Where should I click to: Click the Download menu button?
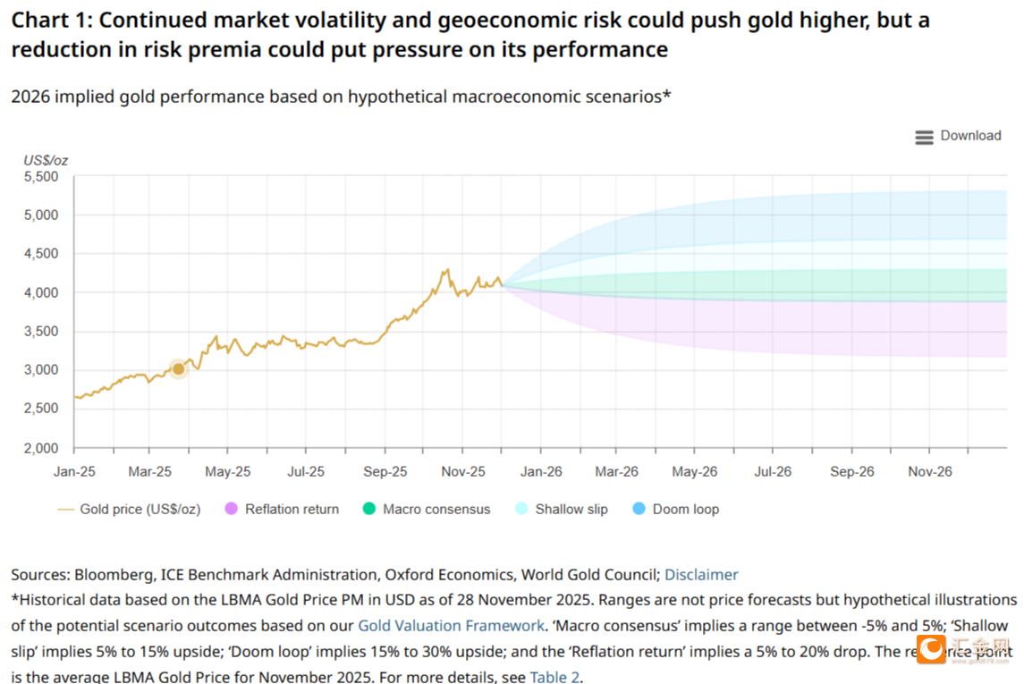pyautogui.click(x=958, y=136)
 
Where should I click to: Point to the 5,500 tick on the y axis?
pyautogui.click(x=41, y=177)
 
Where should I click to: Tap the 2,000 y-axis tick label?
pyautogui.click(x=41, y=448)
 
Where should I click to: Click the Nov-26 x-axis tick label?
pyautogui.click(x=930, y=471)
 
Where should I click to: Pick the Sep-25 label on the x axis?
pyautogui.click(x=385, y=471)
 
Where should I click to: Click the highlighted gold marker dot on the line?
pyautogui.click(x=178, y=368)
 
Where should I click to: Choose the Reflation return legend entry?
pyautogui.click(x=283, y=509)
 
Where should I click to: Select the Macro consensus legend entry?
pyautogui.click(x=427, y=509)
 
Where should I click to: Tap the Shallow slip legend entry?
pyautogui.click(x=562, y=509)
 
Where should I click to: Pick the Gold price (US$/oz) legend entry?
pyautogui.click(x=130, y=509)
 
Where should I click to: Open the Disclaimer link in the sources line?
pyautogui.click(x=701, y=575)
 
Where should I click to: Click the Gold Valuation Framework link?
pyautogui.click(x=451, y=626)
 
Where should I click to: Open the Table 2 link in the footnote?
pyautogui.click(x=554, y=677)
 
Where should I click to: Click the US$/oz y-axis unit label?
pyautogui.click(x=46, y=160)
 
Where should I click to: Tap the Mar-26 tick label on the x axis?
pyautogui.click(x=617, y=471)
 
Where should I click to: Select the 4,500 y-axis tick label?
pyautogui.click(x=41, y=254)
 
